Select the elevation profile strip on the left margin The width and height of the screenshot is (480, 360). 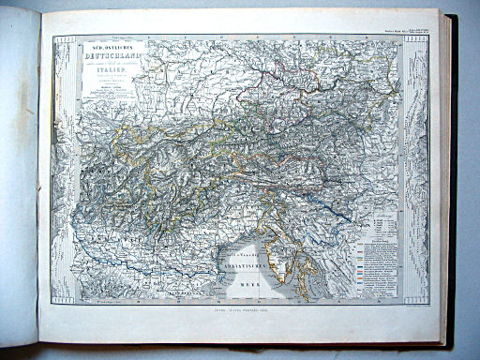click(63, 169)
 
